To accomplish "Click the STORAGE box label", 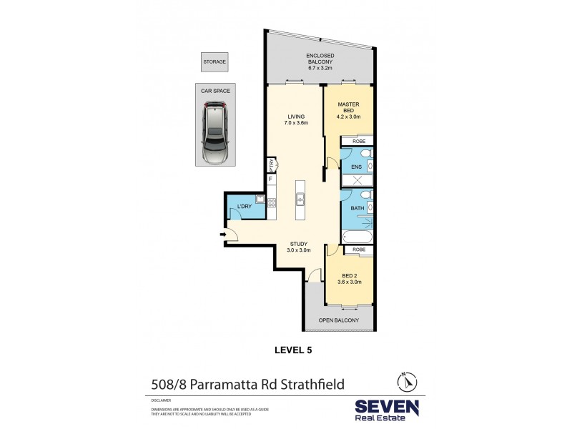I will (214, 62).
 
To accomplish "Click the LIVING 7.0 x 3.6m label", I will (294, 121).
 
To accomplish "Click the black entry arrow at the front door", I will (223, 233).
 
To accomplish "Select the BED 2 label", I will (348, 277).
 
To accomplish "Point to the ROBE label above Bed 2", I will (358, 250).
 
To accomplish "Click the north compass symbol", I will (404, 381).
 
